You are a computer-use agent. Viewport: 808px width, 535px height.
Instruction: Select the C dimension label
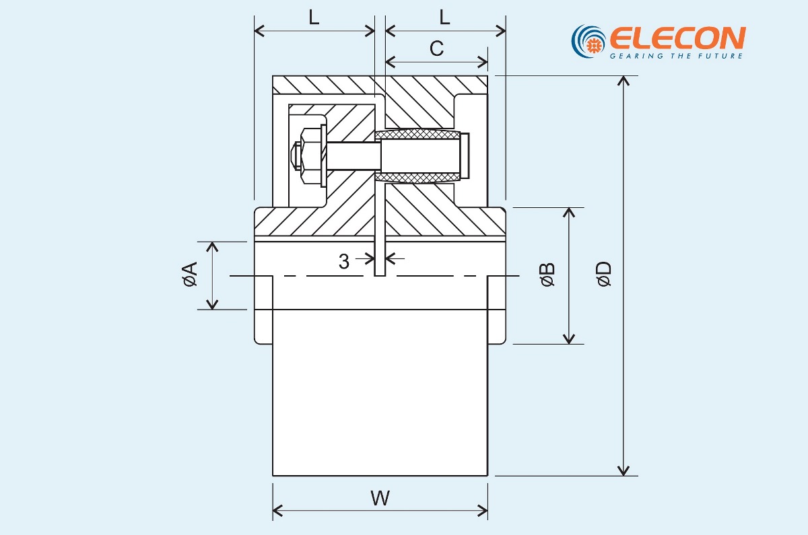pos(436,48)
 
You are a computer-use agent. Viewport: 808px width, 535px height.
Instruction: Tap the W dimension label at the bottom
pos(380,499)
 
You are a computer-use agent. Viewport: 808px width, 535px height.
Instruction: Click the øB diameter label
pos(547,275)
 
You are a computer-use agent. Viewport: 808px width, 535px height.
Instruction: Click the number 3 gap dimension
pos(344,262)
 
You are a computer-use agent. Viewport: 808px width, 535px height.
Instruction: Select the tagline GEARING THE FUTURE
pos(676,56)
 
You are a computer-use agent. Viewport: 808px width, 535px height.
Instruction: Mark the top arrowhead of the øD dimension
pos(625,81)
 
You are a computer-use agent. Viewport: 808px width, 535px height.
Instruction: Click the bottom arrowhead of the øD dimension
pos(625,470)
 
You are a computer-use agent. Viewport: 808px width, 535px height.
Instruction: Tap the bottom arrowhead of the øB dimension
pos(570,338)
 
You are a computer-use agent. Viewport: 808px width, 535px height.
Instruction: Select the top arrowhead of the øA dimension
pos(213,246)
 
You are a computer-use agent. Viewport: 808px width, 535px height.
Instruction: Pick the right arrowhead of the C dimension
pos(483,62)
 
